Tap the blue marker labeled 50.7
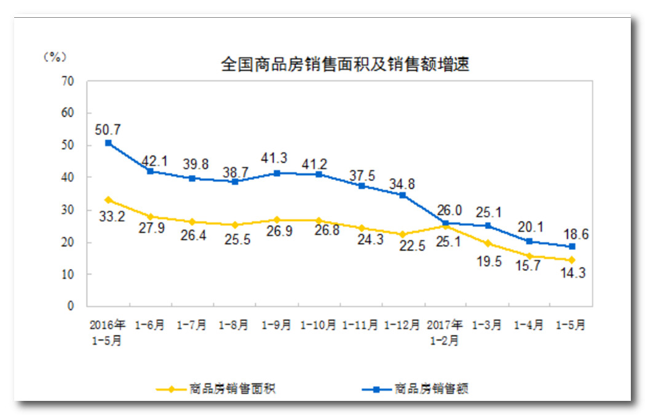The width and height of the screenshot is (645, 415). coord(108,143)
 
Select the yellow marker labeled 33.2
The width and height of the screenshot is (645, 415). coord(108,200)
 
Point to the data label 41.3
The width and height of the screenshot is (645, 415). coord(276,158)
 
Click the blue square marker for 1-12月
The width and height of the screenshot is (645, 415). coord(403,195)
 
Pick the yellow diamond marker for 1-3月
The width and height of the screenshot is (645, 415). coord(488,244)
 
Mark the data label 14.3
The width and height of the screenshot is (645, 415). coord(572,273)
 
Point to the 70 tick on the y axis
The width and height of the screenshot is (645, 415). coord(68,81)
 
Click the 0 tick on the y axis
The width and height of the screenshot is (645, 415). coord(71,306)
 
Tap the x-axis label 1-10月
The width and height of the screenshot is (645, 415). coord(318,326)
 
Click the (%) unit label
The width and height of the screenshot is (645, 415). coord(55,56)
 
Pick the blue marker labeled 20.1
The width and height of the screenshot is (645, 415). coord(529,241)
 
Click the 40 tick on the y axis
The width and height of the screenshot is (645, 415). coord(68,177)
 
